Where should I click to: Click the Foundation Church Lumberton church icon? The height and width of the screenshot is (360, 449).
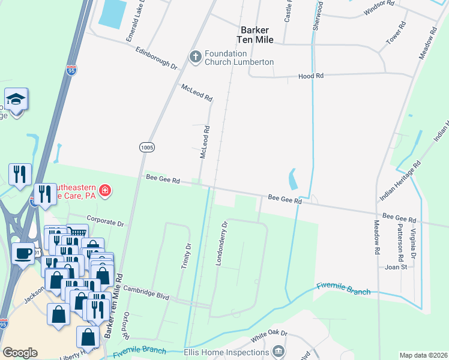[x=195, y=57]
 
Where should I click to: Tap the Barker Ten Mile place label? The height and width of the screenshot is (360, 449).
[x=257, y=34]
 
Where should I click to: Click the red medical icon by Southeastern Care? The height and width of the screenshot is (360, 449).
[x=105, y=191]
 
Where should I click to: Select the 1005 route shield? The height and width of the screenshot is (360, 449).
[x=146, y=147]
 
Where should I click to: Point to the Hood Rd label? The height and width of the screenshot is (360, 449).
[x=311, y=76]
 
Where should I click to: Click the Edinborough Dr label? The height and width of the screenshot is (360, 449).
[x=157, y=58]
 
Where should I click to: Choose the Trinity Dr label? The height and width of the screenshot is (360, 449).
[x=185, y=255]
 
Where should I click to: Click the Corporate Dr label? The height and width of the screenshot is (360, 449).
[x=104, y=223]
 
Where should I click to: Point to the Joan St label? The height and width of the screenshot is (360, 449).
[x=396, y=267]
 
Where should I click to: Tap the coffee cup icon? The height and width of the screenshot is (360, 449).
[x=23, y=254]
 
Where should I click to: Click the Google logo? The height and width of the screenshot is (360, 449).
[x=20, y=353]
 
